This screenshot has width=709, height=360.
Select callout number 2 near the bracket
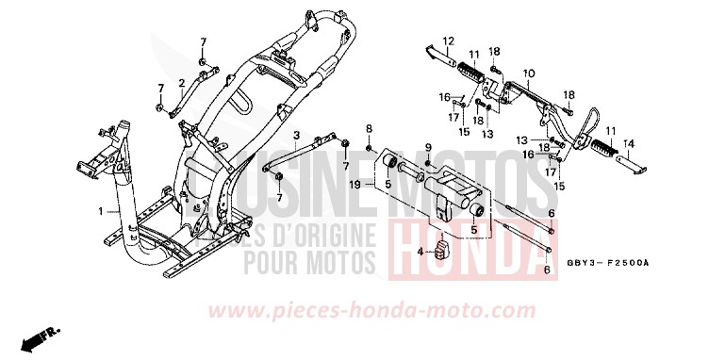tap(182, 83)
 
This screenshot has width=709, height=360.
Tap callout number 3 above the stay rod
tap(295, 137)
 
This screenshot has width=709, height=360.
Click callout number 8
tap(369, 126)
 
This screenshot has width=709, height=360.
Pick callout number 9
tap(427, 148)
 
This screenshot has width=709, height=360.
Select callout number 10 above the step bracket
tap(529, 73)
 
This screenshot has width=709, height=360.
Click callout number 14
tap(631, 143)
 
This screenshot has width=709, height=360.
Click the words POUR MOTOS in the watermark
tap(311, 258)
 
